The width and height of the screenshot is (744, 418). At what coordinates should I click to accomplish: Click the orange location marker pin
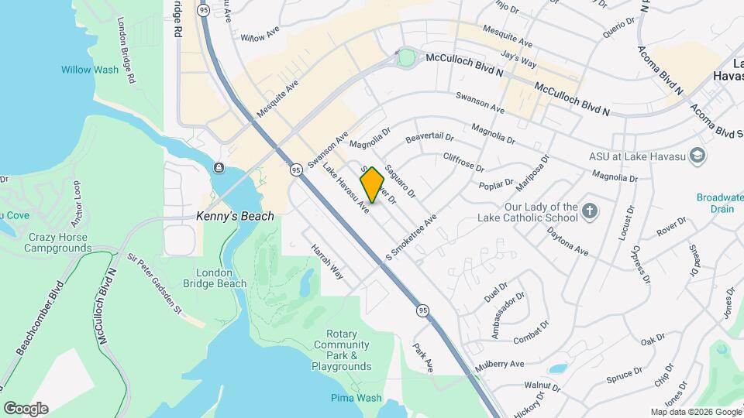(373, 186)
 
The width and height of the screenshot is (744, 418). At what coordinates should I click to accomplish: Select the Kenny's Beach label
(235, 216)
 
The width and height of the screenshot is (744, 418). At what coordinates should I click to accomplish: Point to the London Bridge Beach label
(221, 278)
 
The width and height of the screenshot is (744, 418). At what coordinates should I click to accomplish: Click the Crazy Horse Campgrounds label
(57, 242)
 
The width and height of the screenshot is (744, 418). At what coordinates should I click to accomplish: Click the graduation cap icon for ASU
(697, 156)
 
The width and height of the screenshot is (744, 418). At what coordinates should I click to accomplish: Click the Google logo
(26, 409)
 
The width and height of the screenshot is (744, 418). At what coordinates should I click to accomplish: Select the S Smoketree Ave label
(412, 238)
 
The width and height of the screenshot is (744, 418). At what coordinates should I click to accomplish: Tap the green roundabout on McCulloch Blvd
(405, 57)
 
